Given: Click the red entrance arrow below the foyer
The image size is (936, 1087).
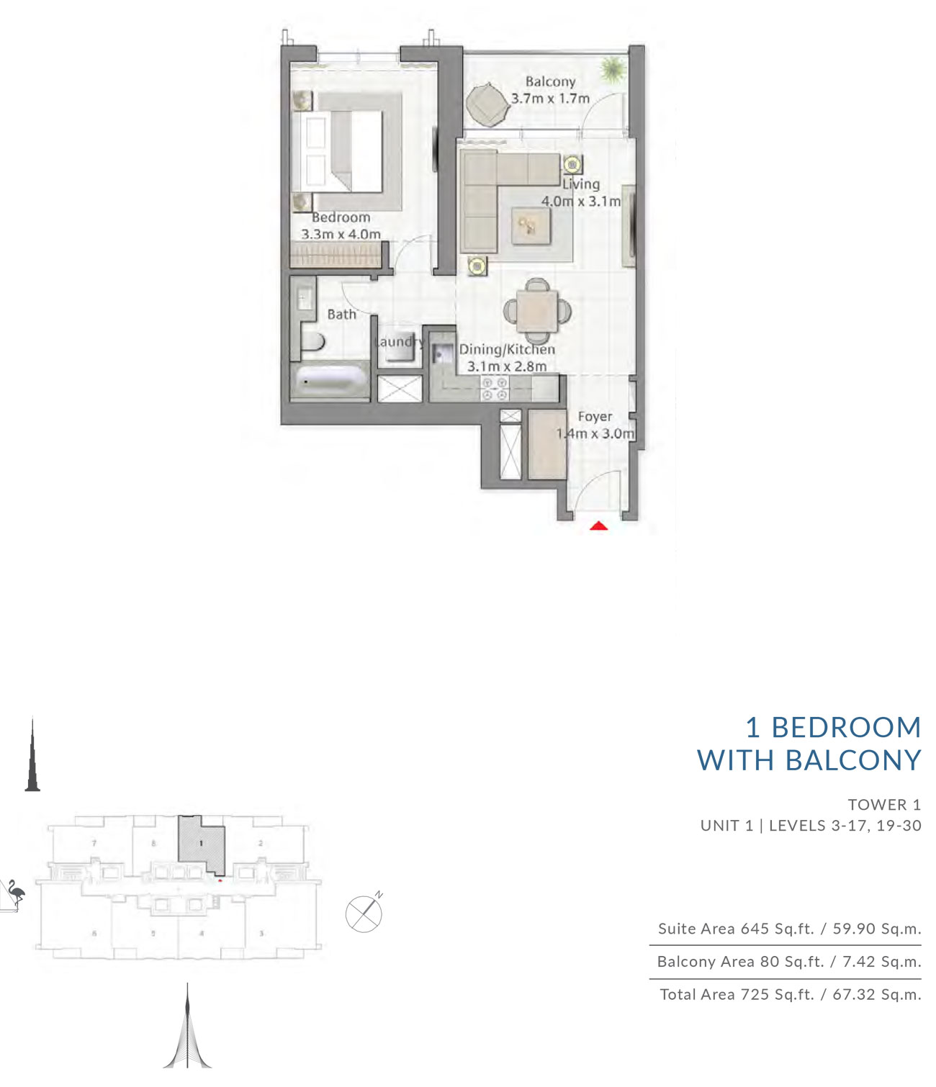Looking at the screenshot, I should point(599,526).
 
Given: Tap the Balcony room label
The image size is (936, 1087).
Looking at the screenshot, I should point(550,82).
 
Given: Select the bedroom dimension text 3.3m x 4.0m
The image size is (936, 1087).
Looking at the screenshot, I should point(341,234).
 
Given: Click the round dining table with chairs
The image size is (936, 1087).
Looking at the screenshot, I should point(536,310).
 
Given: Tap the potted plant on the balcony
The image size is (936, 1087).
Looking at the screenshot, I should point(613,69).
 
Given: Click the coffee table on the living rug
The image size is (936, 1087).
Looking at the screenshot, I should point(531,227).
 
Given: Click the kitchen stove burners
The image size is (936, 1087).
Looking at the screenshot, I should point(494,390).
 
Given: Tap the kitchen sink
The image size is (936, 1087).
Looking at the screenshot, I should point(441,354).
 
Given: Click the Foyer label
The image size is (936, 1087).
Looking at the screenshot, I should point(595,417).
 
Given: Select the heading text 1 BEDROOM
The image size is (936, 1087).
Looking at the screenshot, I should point(833,728).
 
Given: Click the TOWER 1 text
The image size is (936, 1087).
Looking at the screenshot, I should point(884,805).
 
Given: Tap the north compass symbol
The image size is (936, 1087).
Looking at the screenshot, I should point(364,914).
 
